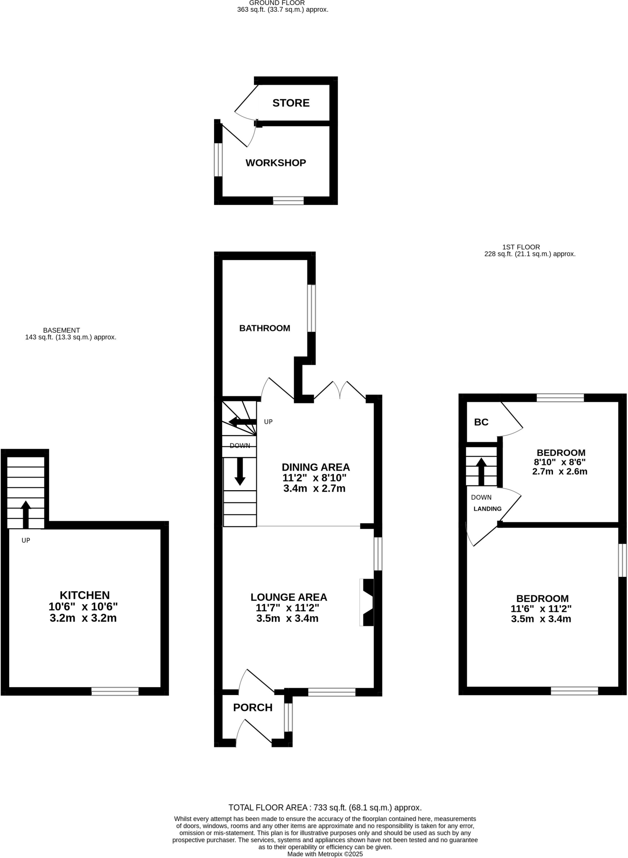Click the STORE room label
point(291,103)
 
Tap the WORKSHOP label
point(276,163)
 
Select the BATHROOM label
point(264,328)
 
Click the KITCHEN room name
point(85,595)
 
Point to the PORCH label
point(253,708)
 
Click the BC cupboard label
point(481,422)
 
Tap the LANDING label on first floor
point(487,509)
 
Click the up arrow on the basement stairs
point(26,514)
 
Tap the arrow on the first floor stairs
point(481,472)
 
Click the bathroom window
point(311,308)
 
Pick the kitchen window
point(115,692)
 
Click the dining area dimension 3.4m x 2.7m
point(314,488)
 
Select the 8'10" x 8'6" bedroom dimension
point(559,463)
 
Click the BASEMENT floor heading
point(61,331)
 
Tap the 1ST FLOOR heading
point(521,247)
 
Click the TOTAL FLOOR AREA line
point(325,808)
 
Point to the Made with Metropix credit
point(325,854)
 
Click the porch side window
point(288,717)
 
